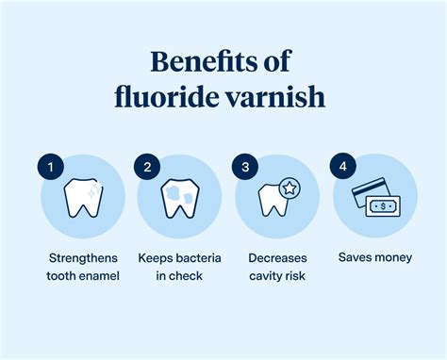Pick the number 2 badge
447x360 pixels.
[146, 167]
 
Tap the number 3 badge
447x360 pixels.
[244, 167]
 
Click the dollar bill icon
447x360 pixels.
[382, 206]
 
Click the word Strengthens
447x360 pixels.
[83, 256]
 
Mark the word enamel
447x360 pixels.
[100, 275]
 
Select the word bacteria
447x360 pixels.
[199, 256]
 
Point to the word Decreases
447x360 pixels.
[276, 256]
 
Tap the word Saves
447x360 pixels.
[356, 256]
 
